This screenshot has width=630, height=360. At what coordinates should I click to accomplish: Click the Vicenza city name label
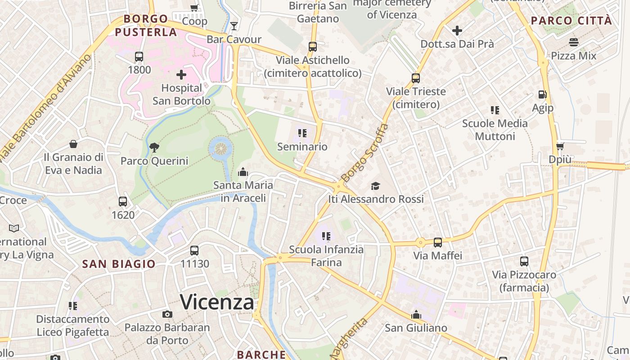[x=217, y=302]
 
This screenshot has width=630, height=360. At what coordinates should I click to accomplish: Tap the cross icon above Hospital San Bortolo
[x=181, y=75]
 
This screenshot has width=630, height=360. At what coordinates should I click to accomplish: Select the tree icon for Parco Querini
[x=154, y=147]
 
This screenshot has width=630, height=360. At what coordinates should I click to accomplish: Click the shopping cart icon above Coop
[x=194, y=8]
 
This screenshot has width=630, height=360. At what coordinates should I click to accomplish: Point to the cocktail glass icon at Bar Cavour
[x=234, y=25]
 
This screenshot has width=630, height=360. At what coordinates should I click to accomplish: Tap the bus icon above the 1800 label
[x=139, y=57]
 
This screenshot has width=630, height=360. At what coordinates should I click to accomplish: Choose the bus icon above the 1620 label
[x=123, y=202]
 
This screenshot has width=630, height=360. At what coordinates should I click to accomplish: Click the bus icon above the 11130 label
[x=194, y=251]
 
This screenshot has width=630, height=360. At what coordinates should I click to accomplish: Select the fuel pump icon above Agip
[x=542, y=94]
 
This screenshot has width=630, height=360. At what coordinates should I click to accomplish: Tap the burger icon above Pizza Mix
[x=574, y=42]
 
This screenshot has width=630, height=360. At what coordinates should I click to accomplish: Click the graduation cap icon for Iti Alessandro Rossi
[x=375, y=186]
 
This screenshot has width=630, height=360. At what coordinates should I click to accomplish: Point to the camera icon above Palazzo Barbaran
[x=167, y=314]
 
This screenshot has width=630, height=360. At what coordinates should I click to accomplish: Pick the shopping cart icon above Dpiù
[x=560, y=146]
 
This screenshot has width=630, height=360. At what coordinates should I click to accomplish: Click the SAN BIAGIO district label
[x=119, y=264]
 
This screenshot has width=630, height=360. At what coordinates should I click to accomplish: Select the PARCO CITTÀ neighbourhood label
[x=571, y=21]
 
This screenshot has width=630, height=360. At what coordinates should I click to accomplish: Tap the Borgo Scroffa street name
[x=365, y=153]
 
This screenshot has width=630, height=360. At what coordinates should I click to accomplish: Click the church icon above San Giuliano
[x=416, y=315]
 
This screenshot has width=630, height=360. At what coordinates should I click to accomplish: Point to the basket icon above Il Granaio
[x=73, y=144]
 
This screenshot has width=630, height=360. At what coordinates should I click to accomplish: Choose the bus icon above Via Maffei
[x=438, y=243]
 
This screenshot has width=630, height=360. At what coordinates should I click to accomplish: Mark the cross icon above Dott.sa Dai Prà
[x=457, y=31]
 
